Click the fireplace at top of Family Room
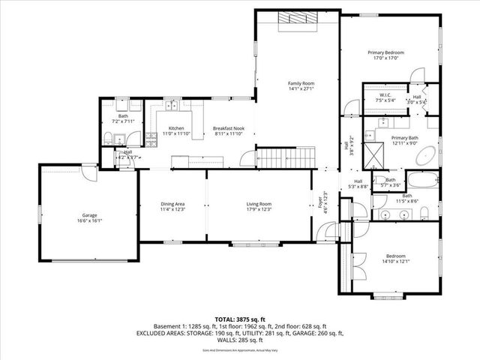coord(295,18)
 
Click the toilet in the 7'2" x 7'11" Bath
coord(109,137)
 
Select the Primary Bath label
coord(404,140)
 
